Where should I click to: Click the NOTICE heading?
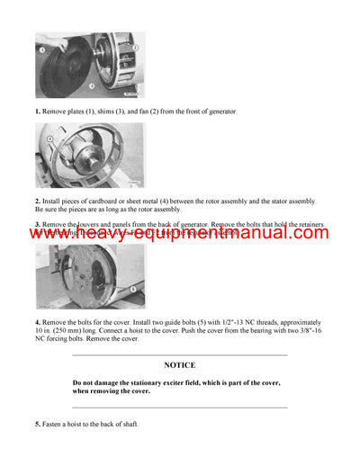pos(179,366)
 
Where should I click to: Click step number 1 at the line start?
pos(38,111)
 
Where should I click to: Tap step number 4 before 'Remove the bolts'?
pos(38,321)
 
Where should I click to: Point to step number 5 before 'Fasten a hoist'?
pos(38,424)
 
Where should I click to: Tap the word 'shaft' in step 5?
pos(128,424)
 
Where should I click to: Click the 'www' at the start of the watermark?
pos(45,233)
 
